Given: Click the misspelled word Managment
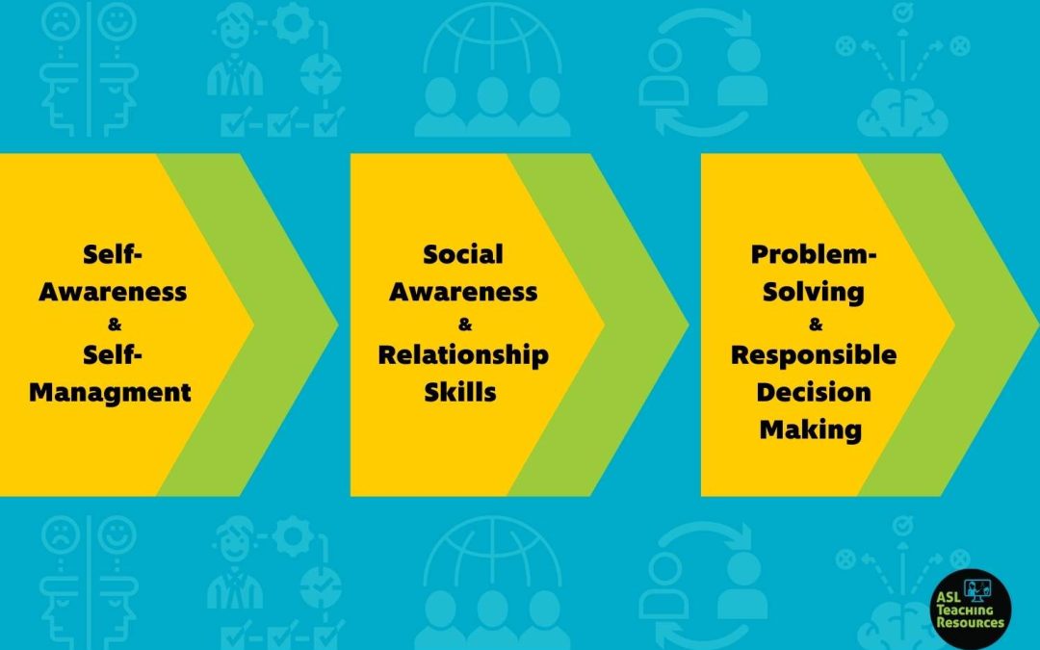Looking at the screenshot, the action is click(110, 392).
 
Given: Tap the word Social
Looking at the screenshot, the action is click(463, 254).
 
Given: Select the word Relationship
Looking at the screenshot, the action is click(463, 355).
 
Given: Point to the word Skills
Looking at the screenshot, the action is click(460, 392).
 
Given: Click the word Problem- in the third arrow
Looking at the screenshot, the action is click(813, 254).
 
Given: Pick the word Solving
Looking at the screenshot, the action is click(813, 292).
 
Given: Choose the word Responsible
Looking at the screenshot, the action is click(813, 355).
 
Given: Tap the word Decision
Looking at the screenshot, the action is click(813, 392).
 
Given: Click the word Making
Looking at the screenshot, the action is click(811, 429).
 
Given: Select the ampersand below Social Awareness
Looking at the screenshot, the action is click(465, 325).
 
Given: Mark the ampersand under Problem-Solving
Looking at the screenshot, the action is click(816, 325).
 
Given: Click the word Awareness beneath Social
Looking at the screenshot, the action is click(463, 292).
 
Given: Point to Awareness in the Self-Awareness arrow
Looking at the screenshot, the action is click(113, 292).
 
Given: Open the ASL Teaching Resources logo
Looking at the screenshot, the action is click(971, 609).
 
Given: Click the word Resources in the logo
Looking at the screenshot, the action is click(971, 623).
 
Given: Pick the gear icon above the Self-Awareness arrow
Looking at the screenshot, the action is click(293, 24).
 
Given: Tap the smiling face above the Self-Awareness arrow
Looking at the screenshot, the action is click(117, 21).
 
